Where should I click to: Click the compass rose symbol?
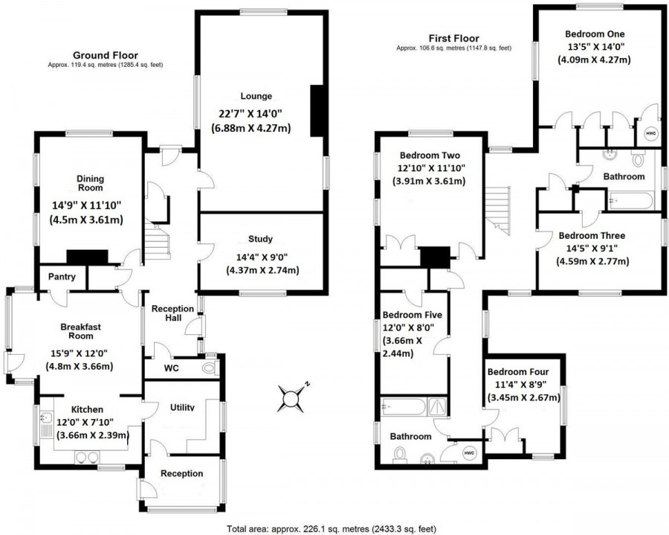point(292,398)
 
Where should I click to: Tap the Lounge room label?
point(256,96)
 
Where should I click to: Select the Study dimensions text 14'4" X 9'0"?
point(262,257)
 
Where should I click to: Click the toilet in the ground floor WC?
point(211,368)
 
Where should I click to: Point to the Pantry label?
point(62,277)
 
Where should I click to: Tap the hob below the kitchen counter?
point(87,458)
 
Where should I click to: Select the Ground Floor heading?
point(106,55)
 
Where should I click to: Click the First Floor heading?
point(454,39)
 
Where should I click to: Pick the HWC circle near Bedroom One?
point(650,134)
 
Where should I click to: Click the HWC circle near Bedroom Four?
point(468,452)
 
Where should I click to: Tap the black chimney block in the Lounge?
point(316,111)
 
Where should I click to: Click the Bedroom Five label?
point(412,315)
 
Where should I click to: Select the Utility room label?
point(182,407)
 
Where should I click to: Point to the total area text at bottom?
point(332,530)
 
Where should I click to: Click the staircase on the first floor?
point(498,210)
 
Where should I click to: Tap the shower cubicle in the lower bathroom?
point(436,406)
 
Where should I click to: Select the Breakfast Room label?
point(80,331)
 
